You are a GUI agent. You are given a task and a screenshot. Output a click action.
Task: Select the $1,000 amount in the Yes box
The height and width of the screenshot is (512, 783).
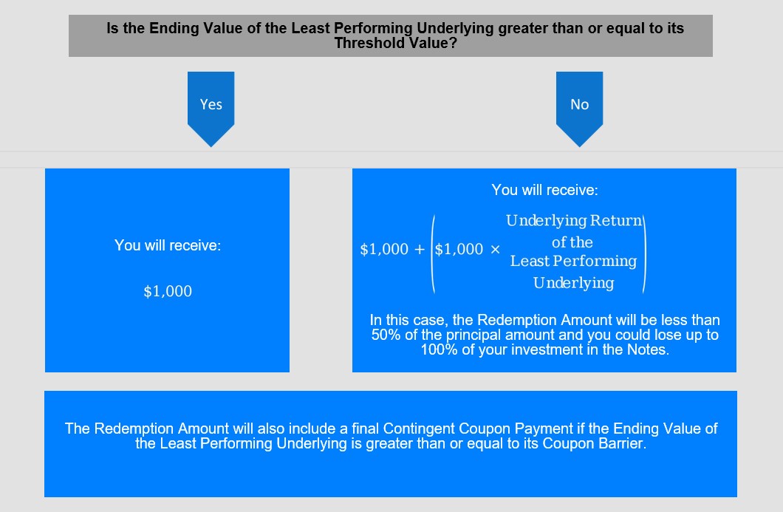pos(168,291)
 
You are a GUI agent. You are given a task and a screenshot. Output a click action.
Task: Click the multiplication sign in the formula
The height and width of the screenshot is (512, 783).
pos(495,249)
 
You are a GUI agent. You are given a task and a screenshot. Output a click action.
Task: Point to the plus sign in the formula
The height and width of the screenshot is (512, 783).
pos(420,249)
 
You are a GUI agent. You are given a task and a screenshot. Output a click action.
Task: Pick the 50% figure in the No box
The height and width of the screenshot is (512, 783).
pos(386,335)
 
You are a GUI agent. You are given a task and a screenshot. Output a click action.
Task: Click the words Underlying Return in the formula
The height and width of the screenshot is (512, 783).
pos(574,220)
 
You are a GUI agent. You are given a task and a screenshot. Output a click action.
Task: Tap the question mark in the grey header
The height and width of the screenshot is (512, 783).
pos(453,44)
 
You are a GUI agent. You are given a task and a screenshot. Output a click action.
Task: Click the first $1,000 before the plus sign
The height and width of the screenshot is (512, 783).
pos(385,249)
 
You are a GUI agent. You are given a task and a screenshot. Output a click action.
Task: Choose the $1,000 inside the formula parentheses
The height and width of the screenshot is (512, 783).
pos(459,249)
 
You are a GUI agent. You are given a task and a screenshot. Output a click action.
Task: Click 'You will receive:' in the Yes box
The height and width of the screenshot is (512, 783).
pos(168,245)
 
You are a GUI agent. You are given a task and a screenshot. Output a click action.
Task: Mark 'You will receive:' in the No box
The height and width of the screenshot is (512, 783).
pos(545,190)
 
